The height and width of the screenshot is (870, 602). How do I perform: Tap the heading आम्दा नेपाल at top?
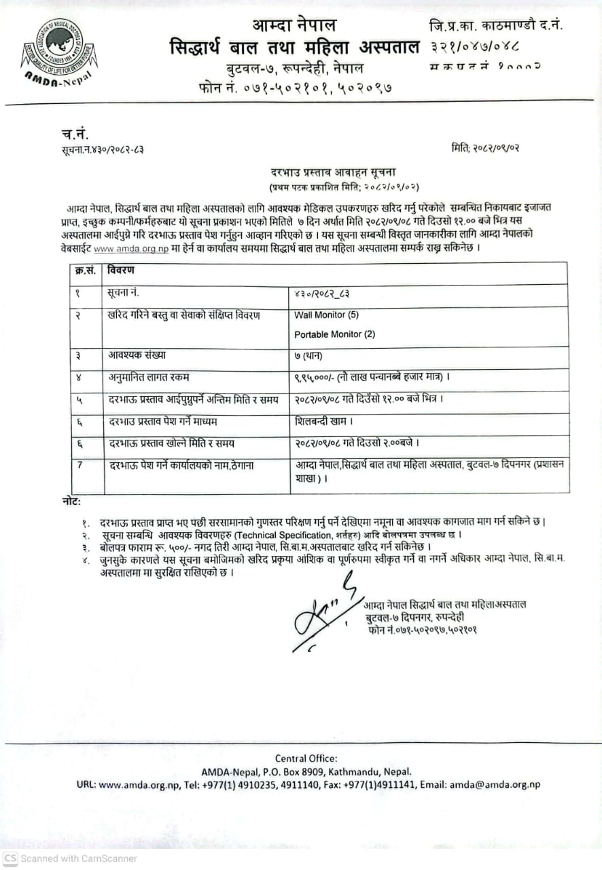click(x=294, y=26)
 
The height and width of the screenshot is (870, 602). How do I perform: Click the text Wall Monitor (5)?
click(x=326, y=315)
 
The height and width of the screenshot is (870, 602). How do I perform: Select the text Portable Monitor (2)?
click(x=334, y=334)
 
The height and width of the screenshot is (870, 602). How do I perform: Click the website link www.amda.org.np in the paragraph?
click(x=131, y=249)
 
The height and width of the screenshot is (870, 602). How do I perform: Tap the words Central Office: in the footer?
click(x=306, y=759)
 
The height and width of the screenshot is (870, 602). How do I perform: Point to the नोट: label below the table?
click(x=71, y=502)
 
